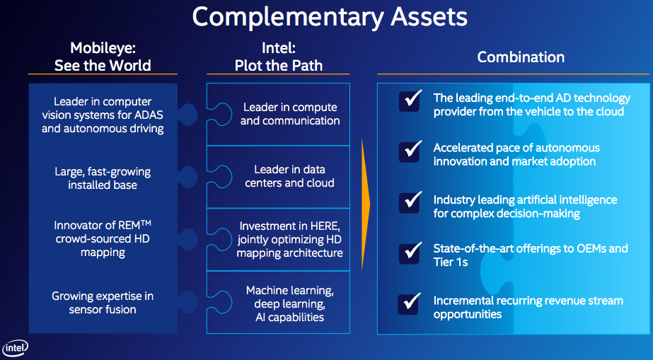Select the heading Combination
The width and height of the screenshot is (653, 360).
(521, 57)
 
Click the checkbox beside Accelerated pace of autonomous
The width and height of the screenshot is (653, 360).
(410, 151)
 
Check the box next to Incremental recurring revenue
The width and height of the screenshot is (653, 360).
(410, 303)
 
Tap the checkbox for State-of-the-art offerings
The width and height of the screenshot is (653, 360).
(410, 252)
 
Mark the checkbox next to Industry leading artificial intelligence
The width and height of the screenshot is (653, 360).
(410, 202)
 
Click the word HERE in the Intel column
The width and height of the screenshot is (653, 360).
(326, 226)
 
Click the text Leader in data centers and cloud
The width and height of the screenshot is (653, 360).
(290, 177)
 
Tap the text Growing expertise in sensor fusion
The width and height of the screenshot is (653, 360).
(103, 303)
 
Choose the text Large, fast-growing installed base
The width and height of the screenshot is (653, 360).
(103, 178)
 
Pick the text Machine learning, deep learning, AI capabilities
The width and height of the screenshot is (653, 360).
(290, 304)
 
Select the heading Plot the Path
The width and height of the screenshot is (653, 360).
(279, 66)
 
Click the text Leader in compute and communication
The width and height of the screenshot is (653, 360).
(290, 114)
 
